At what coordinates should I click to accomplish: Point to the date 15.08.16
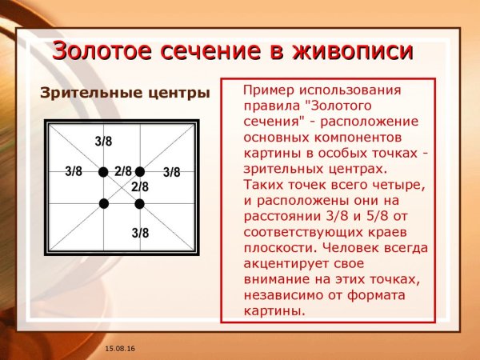118,350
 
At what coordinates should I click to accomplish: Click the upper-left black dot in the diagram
103,172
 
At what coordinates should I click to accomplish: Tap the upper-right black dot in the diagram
139,172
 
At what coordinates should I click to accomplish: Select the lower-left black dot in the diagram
103,204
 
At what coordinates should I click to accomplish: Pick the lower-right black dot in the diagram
139,204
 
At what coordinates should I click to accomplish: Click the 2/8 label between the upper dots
122,170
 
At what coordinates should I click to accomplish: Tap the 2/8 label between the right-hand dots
140,186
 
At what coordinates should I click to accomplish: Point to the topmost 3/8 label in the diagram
103,142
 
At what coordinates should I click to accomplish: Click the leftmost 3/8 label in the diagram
74,171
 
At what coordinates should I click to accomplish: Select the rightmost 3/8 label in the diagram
171,172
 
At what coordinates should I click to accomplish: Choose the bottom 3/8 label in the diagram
140,233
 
